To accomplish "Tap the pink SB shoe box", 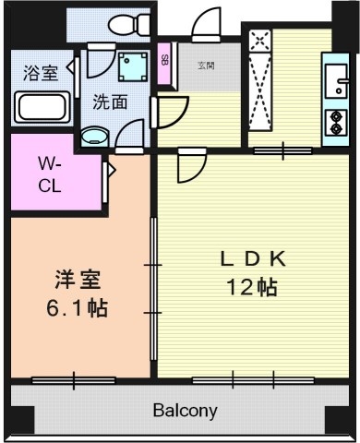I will tap(164, 62).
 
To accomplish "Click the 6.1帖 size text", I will tap(77, 307).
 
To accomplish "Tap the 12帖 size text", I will tap(252, 287).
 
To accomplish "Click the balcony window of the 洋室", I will tap(73, 379).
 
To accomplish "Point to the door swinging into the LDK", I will tap(191, 165).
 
